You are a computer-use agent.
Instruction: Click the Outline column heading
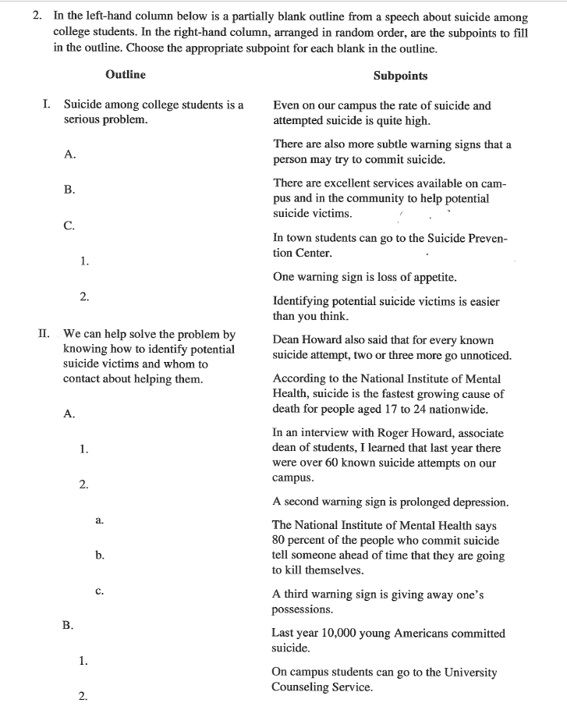pyautogui.click(x=125, y=75)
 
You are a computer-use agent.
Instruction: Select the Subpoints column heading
pyautogui.click(x=400, y=76)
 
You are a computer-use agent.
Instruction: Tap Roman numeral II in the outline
pyautogui.click(x=45, y=333)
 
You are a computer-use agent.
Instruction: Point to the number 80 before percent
pyautogui.click(x=279, y=541)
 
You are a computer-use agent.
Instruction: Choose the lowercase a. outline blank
pyautogui.click(x=100, y=519)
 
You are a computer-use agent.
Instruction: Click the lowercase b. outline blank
pyautogui.click(x=100, y=555)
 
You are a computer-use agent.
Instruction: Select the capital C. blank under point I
pyautogui.click(x=69, y=226)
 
